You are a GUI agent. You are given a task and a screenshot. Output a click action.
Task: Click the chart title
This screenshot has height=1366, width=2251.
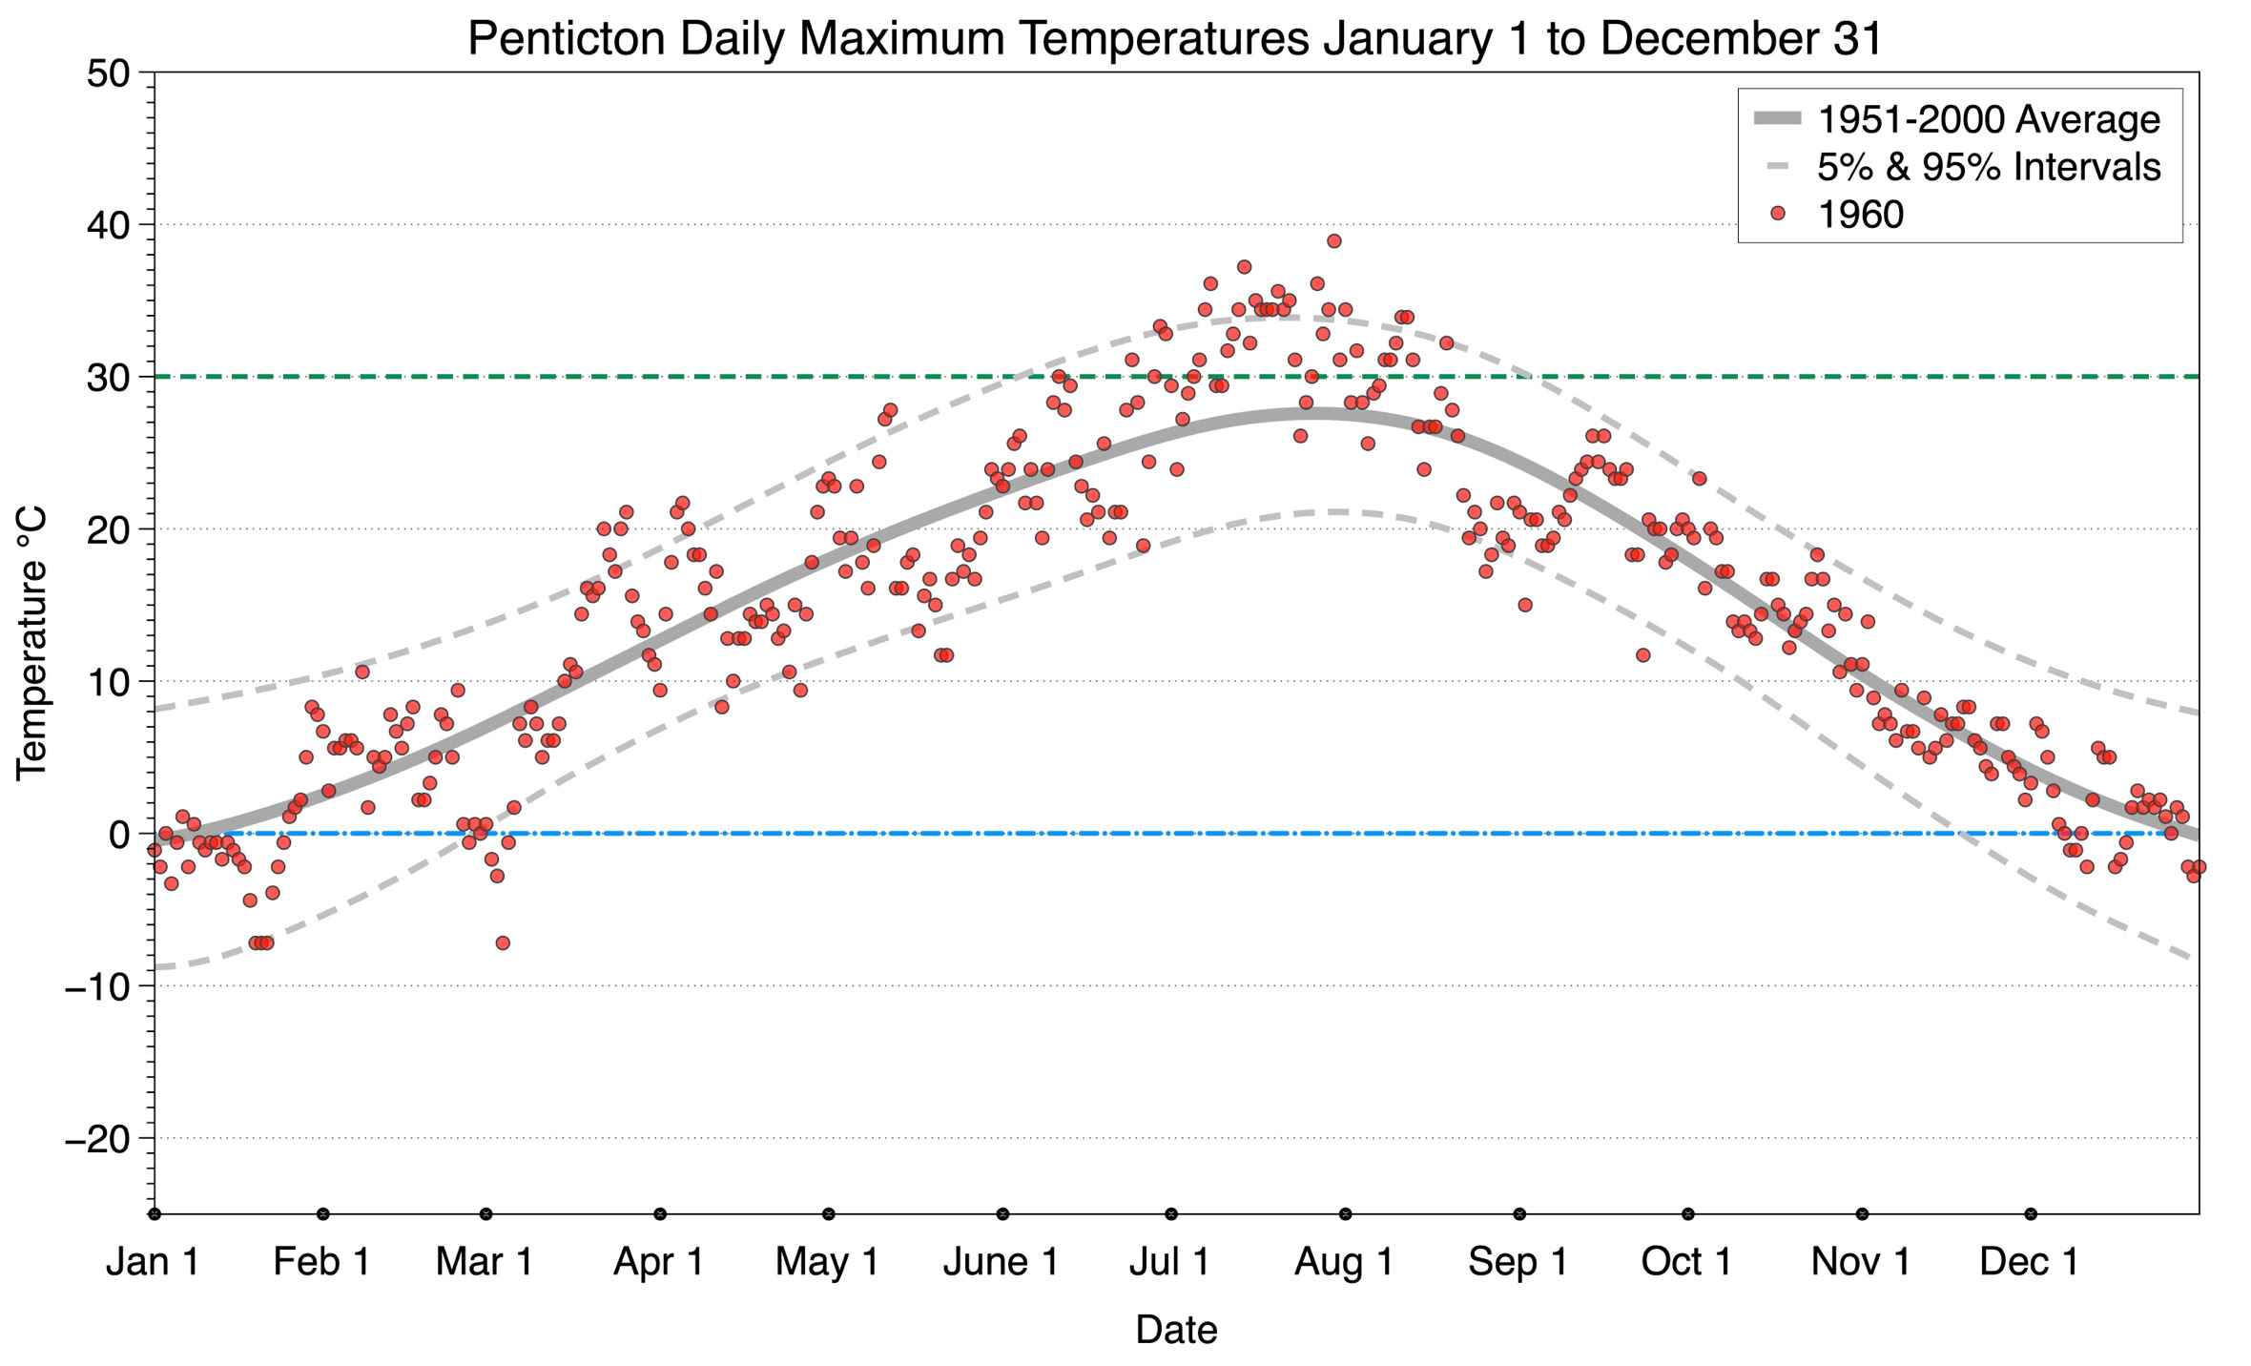(x=1175, y=38)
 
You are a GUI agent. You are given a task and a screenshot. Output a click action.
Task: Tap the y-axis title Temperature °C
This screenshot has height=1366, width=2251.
(x=31, y=643)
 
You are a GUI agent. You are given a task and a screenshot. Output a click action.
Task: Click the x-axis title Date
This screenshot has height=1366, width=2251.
(x=1175, y=1329)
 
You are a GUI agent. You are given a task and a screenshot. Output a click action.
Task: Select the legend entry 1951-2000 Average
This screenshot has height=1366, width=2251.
(x=1988, y=119)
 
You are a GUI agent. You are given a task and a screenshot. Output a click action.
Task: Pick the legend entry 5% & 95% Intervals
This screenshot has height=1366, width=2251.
(x=1988, y=167)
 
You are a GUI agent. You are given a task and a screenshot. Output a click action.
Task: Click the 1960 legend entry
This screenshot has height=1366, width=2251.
(x=1859, y=215)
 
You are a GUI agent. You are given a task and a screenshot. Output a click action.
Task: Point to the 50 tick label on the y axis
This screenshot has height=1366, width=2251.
(x=108, y=73)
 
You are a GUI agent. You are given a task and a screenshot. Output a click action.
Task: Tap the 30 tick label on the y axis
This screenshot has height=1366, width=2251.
(x=108, y=378)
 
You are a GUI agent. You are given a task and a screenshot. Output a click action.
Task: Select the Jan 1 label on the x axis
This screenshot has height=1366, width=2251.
(x=154, y=1261)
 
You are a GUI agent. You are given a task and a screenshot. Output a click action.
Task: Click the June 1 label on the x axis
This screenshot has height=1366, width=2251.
(x=1002, y=1261)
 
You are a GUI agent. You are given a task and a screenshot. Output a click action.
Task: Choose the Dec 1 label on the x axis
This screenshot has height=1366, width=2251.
(x=2030, y=1261)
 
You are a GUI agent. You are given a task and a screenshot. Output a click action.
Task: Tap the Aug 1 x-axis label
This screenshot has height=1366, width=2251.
(x=1344, y=1261)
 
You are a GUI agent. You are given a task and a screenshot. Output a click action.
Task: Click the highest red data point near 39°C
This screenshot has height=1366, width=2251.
(x=1333, y=241)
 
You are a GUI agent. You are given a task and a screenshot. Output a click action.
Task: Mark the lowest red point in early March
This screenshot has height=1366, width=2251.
(x=503, y=943)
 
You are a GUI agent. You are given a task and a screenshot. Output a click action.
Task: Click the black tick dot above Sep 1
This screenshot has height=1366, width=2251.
(x=1519, y=1214)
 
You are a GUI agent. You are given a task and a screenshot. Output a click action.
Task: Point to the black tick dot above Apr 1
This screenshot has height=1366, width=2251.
(x=660, y=1214)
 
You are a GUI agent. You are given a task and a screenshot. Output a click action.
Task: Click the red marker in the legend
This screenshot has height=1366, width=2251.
(x=1777, y=215)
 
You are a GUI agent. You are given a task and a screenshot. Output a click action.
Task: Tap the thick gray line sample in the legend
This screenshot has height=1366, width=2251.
(x=1777, y=119)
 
